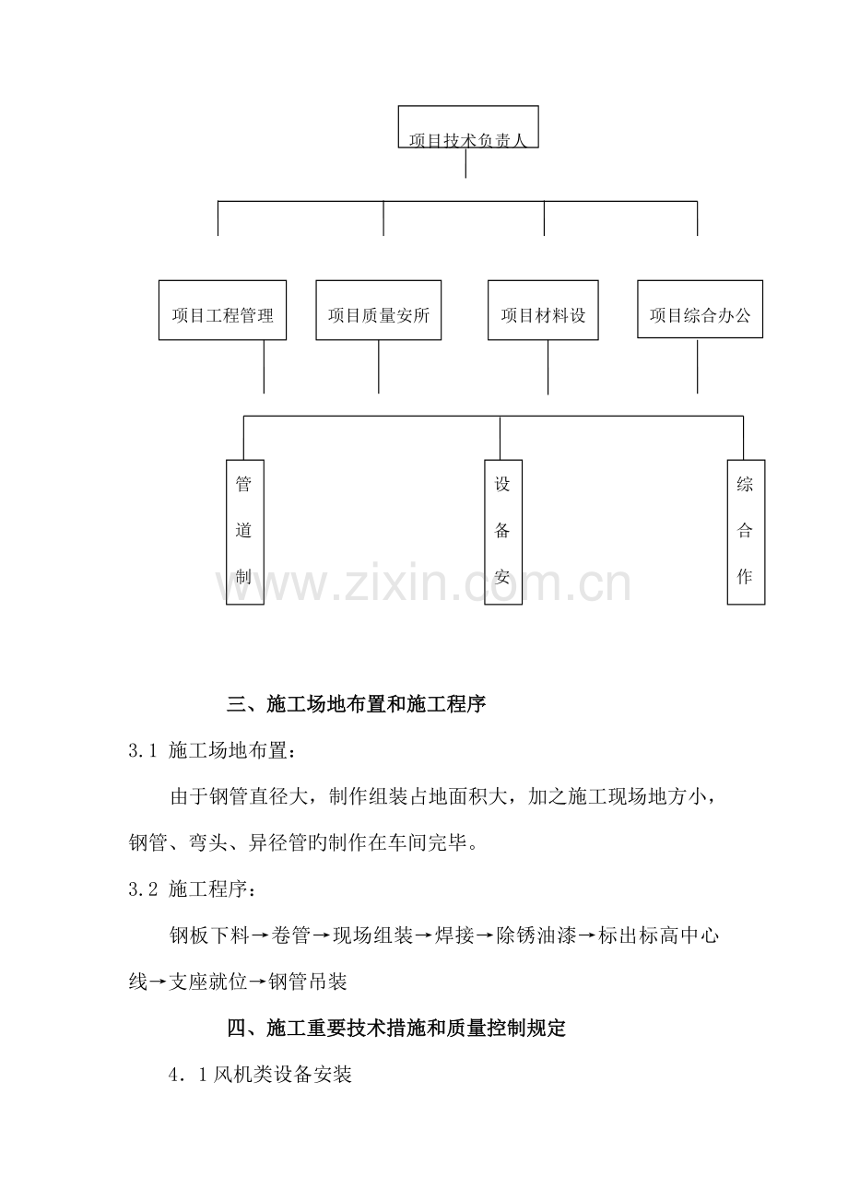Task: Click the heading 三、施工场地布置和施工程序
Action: click(356, 703)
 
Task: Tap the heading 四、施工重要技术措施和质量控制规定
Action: click(396, 1028)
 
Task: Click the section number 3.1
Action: click(143, 750)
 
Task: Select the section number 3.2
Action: click(143, 889)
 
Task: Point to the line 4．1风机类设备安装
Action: click(260, 1075)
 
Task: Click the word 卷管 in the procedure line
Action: click(291, 935)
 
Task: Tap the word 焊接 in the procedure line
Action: click(454, 935)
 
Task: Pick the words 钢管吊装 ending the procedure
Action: click(308, 982)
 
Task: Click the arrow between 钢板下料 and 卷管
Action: click(260, 935)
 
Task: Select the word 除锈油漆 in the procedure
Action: click(536, 935)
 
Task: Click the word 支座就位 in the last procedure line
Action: click(207, 982)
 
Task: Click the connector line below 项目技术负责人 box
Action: click(465, 163)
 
